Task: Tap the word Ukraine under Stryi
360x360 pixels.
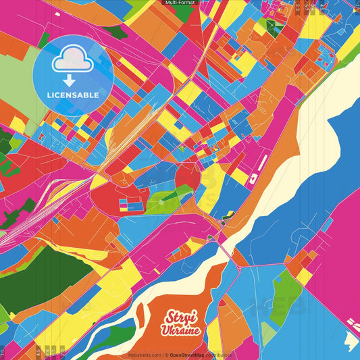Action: (180, 330)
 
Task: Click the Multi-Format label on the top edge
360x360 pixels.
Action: (180, 3)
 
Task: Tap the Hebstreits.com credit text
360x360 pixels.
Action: (144, 354)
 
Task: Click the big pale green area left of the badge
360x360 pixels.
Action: (17, 81)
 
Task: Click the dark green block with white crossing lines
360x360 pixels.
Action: (275, 26)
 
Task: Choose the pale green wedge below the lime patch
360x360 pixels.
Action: (268, 331)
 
